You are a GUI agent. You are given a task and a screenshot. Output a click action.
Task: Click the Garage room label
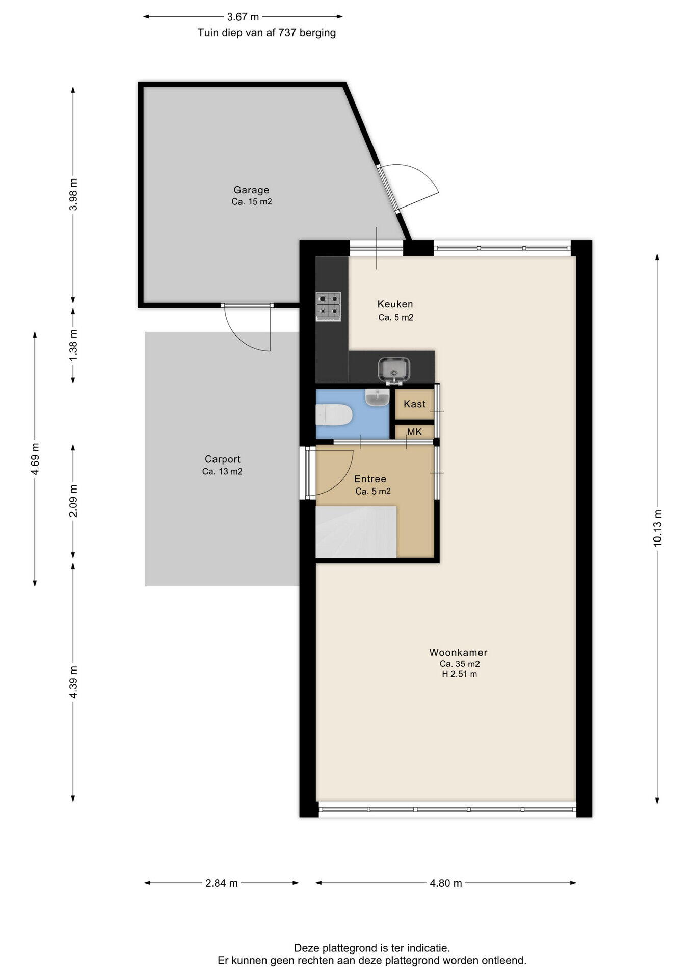[x=251, y=190]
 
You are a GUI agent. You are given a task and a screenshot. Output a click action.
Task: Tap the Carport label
[x=223, y=459]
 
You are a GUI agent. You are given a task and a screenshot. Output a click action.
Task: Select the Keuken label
[x=395, y=304]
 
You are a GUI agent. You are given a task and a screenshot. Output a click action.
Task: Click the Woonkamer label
[x=458, y=652]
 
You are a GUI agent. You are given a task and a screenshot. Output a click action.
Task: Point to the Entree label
[x=370, y=479]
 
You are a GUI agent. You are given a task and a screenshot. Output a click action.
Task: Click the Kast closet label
[x=414, y=404]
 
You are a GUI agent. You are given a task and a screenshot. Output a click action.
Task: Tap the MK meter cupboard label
[x=414, y=432]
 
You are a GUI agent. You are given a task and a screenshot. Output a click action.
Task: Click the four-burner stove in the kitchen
[x=328, y=306]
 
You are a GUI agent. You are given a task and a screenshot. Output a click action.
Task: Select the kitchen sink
[x=394, y=370]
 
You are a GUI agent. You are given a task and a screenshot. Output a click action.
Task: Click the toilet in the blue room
[x=334, y=415]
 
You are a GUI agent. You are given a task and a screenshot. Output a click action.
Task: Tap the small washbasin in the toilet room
[x=378, y=397]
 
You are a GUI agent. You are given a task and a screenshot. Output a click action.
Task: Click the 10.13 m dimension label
[x=657, y=528]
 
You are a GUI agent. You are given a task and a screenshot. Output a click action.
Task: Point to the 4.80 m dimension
[x=446, y=883]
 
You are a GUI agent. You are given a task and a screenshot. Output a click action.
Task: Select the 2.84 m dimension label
[x=222, y=883]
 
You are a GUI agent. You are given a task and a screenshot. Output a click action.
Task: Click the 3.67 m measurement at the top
[x=243, y=17]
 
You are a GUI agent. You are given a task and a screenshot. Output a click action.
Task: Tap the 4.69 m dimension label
[x=35, y=459]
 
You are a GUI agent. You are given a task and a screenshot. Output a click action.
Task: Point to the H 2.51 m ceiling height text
[x=459, y=674]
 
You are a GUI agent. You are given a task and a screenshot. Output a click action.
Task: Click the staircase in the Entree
[x=356, y=532]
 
